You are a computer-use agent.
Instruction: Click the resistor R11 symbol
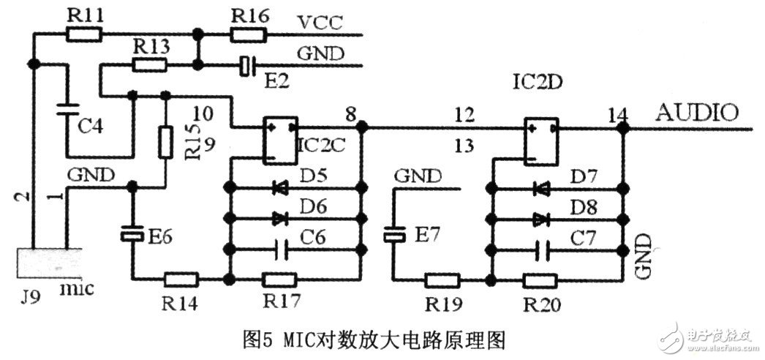pos(84,34)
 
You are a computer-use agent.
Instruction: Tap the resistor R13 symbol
pos(148,65)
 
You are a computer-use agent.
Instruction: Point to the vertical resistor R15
pos(165,140)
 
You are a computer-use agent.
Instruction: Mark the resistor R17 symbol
pos(279,279)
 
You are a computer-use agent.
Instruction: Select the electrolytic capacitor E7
pos(395,234)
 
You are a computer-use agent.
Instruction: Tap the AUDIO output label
pos(696,113)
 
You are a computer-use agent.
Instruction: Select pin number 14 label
pos(618,115)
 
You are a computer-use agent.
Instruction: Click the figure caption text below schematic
pos(373,339)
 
